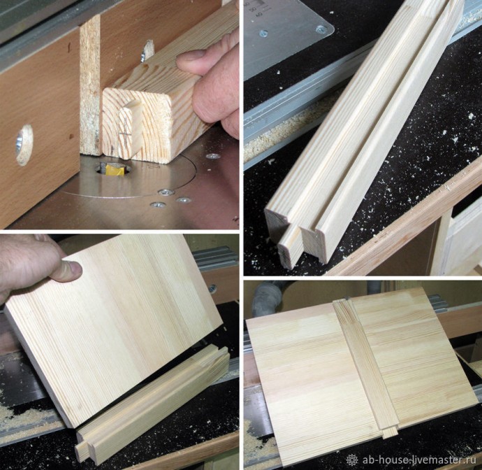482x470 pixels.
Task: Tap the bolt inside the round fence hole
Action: tap(19, 144)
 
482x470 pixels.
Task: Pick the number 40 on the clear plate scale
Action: tap(259, 14)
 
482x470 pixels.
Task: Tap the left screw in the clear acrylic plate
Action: tap(263, 34)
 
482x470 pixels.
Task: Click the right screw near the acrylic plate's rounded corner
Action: tap(321, 29)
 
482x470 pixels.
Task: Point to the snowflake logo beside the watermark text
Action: tap(352, 460)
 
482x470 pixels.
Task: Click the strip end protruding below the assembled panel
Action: tap(390, 432)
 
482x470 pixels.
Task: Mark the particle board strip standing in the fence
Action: tap(89, 85)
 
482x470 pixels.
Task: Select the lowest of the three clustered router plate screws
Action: tap(157, 204)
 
